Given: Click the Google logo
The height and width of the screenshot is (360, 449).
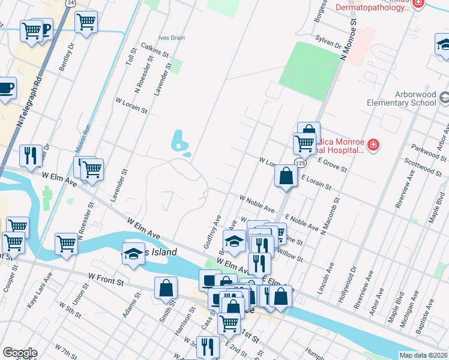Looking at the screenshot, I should (20, 353).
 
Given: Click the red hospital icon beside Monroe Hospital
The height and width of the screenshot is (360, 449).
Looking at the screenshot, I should (373, 145).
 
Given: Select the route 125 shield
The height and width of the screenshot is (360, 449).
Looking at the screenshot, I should (300, 163).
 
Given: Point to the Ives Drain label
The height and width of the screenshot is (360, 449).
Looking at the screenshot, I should (172, 37).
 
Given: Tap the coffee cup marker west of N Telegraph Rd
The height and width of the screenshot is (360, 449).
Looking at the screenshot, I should (6, 88).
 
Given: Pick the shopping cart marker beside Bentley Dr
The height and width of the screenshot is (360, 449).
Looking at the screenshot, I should (86, 22).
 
